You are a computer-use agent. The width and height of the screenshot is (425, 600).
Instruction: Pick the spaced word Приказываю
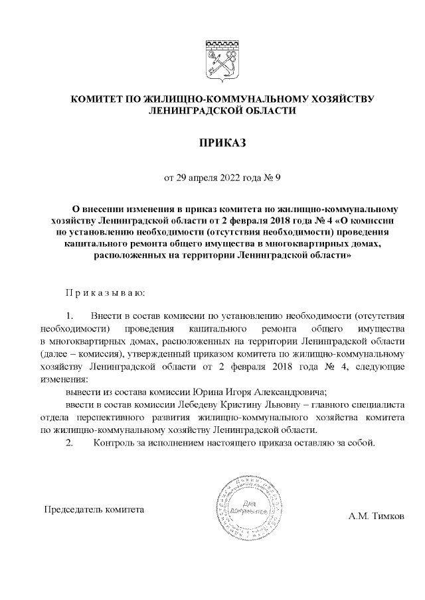pyautogui.click(x=104, y=292)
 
